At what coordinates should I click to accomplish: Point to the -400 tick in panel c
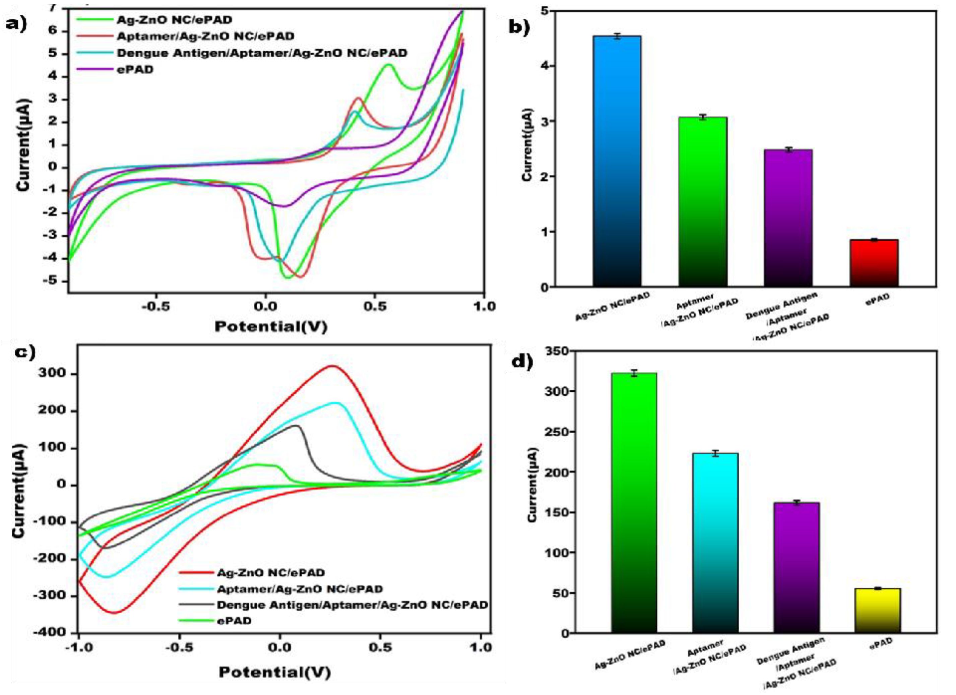(x=54, y=632)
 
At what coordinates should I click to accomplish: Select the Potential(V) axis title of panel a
(x=271, y=327)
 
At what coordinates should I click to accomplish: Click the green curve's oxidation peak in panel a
(x=388, y=64)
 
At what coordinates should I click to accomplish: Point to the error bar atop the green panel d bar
(x=634, y=373)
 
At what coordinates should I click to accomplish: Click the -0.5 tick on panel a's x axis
(x=156, y=306)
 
